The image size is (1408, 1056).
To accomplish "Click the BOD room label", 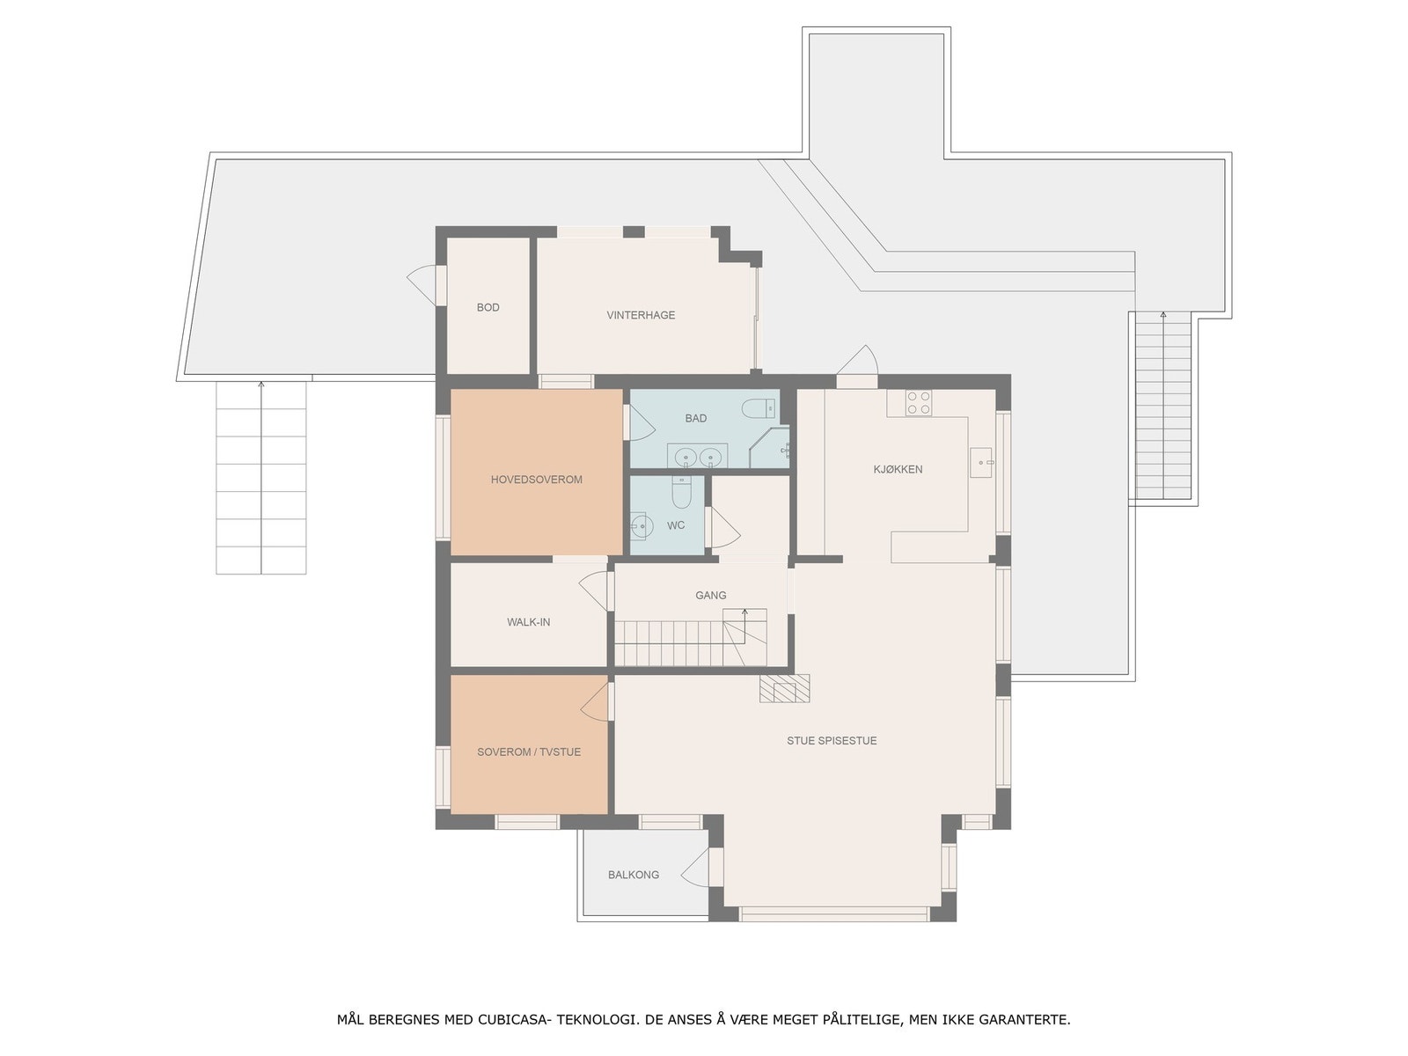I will click(x=488, y=307).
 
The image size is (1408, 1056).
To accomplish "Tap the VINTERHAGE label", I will click(x=641, y=315).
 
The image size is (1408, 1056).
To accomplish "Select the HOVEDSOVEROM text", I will click(x=537, y=480).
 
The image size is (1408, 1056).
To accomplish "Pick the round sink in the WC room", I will click(x=641, y=526).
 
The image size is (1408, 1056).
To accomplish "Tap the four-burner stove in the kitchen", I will click(x=919, y=403).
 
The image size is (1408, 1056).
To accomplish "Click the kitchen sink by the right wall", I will click(x=980, y=462).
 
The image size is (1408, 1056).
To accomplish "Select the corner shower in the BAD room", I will click(x=772, y=449).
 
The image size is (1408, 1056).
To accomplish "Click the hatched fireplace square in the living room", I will click(x=785, y=688).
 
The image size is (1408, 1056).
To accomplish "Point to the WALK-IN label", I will click(x=528, y=622).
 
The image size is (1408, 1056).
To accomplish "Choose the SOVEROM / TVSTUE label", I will click(x=529, y=752).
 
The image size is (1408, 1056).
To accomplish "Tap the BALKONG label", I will click(x=634, y=875).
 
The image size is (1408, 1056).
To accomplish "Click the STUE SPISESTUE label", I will click(x=832, y=741).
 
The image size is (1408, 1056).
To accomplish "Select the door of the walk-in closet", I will click(x=595, y=590).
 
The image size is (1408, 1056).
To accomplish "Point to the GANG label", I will click(x=711, y=596).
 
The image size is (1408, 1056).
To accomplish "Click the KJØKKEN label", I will click(x=898, y=470).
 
